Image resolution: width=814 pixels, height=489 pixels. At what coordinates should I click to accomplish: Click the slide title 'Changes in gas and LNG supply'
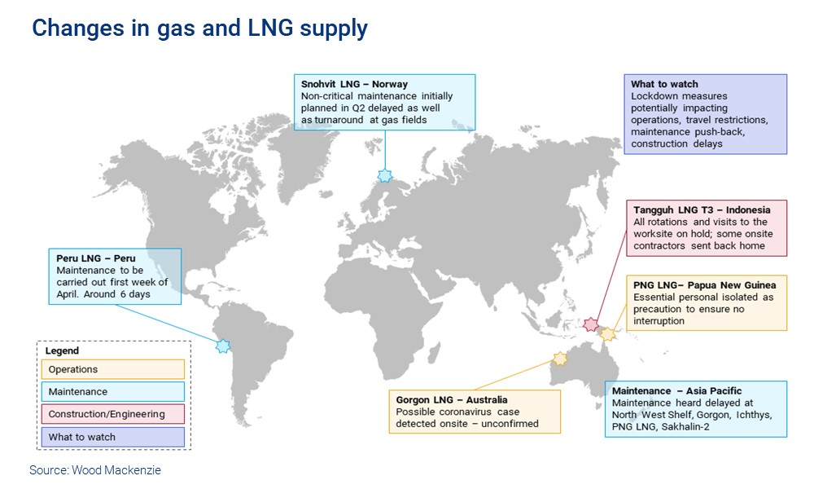(x=199, y=29)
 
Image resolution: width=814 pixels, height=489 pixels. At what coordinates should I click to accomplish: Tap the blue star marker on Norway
(x=385, y=175)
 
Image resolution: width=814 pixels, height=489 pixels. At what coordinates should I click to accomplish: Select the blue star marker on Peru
(x=223, y=346)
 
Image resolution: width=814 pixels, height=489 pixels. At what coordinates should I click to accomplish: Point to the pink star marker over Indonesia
(x=592, y=325)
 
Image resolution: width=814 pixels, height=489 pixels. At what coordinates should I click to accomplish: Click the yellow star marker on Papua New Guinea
(x=608, y=333)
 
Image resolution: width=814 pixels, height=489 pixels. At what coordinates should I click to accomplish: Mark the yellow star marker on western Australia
(x=560, y=359)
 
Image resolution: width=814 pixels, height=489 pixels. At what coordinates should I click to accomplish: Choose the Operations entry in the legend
(x=113, y=370)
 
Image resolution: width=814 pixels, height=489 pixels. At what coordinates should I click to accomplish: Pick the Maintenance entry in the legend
(x=113, y=392)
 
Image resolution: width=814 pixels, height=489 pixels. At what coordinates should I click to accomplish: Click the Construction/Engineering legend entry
(x=113, y=414)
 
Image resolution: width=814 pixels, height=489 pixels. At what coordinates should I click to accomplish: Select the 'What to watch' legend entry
(x=113, y=437)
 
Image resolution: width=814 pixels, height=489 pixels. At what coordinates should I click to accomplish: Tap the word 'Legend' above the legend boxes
(x=62, y=351)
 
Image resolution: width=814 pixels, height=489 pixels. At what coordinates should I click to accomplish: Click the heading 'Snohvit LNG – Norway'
(x=354, y=85)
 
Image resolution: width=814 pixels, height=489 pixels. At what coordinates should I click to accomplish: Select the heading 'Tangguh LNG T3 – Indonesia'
(x=702, y=210)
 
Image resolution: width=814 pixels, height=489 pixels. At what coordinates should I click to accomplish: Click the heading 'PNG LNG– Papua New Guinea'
(x=705, y=285)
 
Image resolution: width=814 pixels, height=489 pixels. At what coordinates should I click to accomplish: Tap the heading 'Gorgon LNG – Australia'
(x=452, y=400)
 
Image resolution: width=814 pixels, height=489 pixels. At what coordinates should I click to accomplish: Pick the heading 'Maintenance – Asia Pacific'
(x=677, y=391)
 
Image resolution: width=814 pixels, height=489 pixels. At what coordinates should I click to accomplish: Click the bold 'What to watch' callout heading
(x=665, y=84)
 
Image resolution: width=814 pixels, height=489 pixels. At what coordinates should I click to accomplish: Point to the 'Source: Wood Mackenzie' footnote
(x=95, y=470)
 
